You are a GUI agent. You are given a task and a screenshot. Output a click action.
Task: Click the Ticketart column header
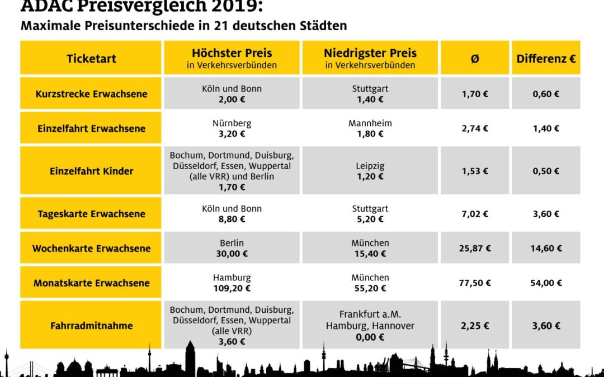click(x=91, y=58)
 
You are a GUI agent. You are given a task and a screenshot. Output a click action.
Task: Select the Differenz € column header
click(x=546, y=58)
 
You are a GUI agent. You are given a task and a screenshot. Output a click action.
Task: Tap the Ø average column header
click(x=475, y=58)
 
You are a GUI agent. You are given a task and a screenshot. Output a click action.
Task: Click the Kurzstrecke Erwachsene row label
click(x=91, y=94)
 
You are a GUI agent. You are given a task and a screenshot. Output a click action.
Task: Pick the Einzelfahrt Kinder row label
click(x=91, y=171)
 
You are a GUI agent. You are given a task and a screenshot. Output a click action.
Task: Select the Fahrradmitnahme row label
click(x=91, y=326)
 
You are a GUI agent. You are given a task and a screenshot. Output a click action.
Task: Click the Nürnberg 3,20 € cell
click(x=232, y=128)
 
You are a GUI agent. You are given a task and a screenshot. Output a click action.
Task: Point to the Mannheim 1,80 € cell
click(x=370, y=128)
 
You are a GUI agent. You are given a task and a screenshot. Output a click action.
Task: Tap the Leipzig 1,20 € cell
click(x=370, y=171)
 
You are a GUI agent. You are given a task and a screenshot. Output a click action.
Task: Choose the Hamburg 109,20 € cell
click(x=232, y=283)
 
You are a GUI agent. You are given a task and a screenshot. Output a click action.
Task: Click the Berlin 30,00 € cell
click(x=232, y=249)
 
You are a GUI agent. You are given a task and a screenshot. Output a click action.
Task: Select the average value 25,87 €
click(x=475, y=249)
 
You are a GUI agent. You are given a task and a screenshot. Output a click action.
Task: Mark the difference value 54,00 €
click(x=546, y=283)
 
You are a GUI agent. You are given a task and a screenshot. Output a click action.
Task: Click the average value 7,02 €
click(x=475, y=214)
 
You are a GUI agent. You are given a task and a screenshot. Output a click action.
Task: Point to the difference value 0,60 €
click(x=546, y=94)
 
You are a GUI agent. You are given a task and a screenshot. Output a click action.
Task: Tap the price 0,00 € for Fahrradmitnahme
click(x=370, y=337)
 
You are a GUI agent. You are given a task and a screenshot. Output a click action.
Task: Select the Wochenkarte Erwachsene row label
click(x=91, y=249)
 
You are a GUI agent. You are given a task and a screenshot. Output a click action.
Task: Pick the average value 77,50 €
click(x=475, y=283)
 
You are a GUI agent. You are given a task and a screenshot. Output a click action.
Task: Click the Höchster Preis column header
click(x=232, y=58)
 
